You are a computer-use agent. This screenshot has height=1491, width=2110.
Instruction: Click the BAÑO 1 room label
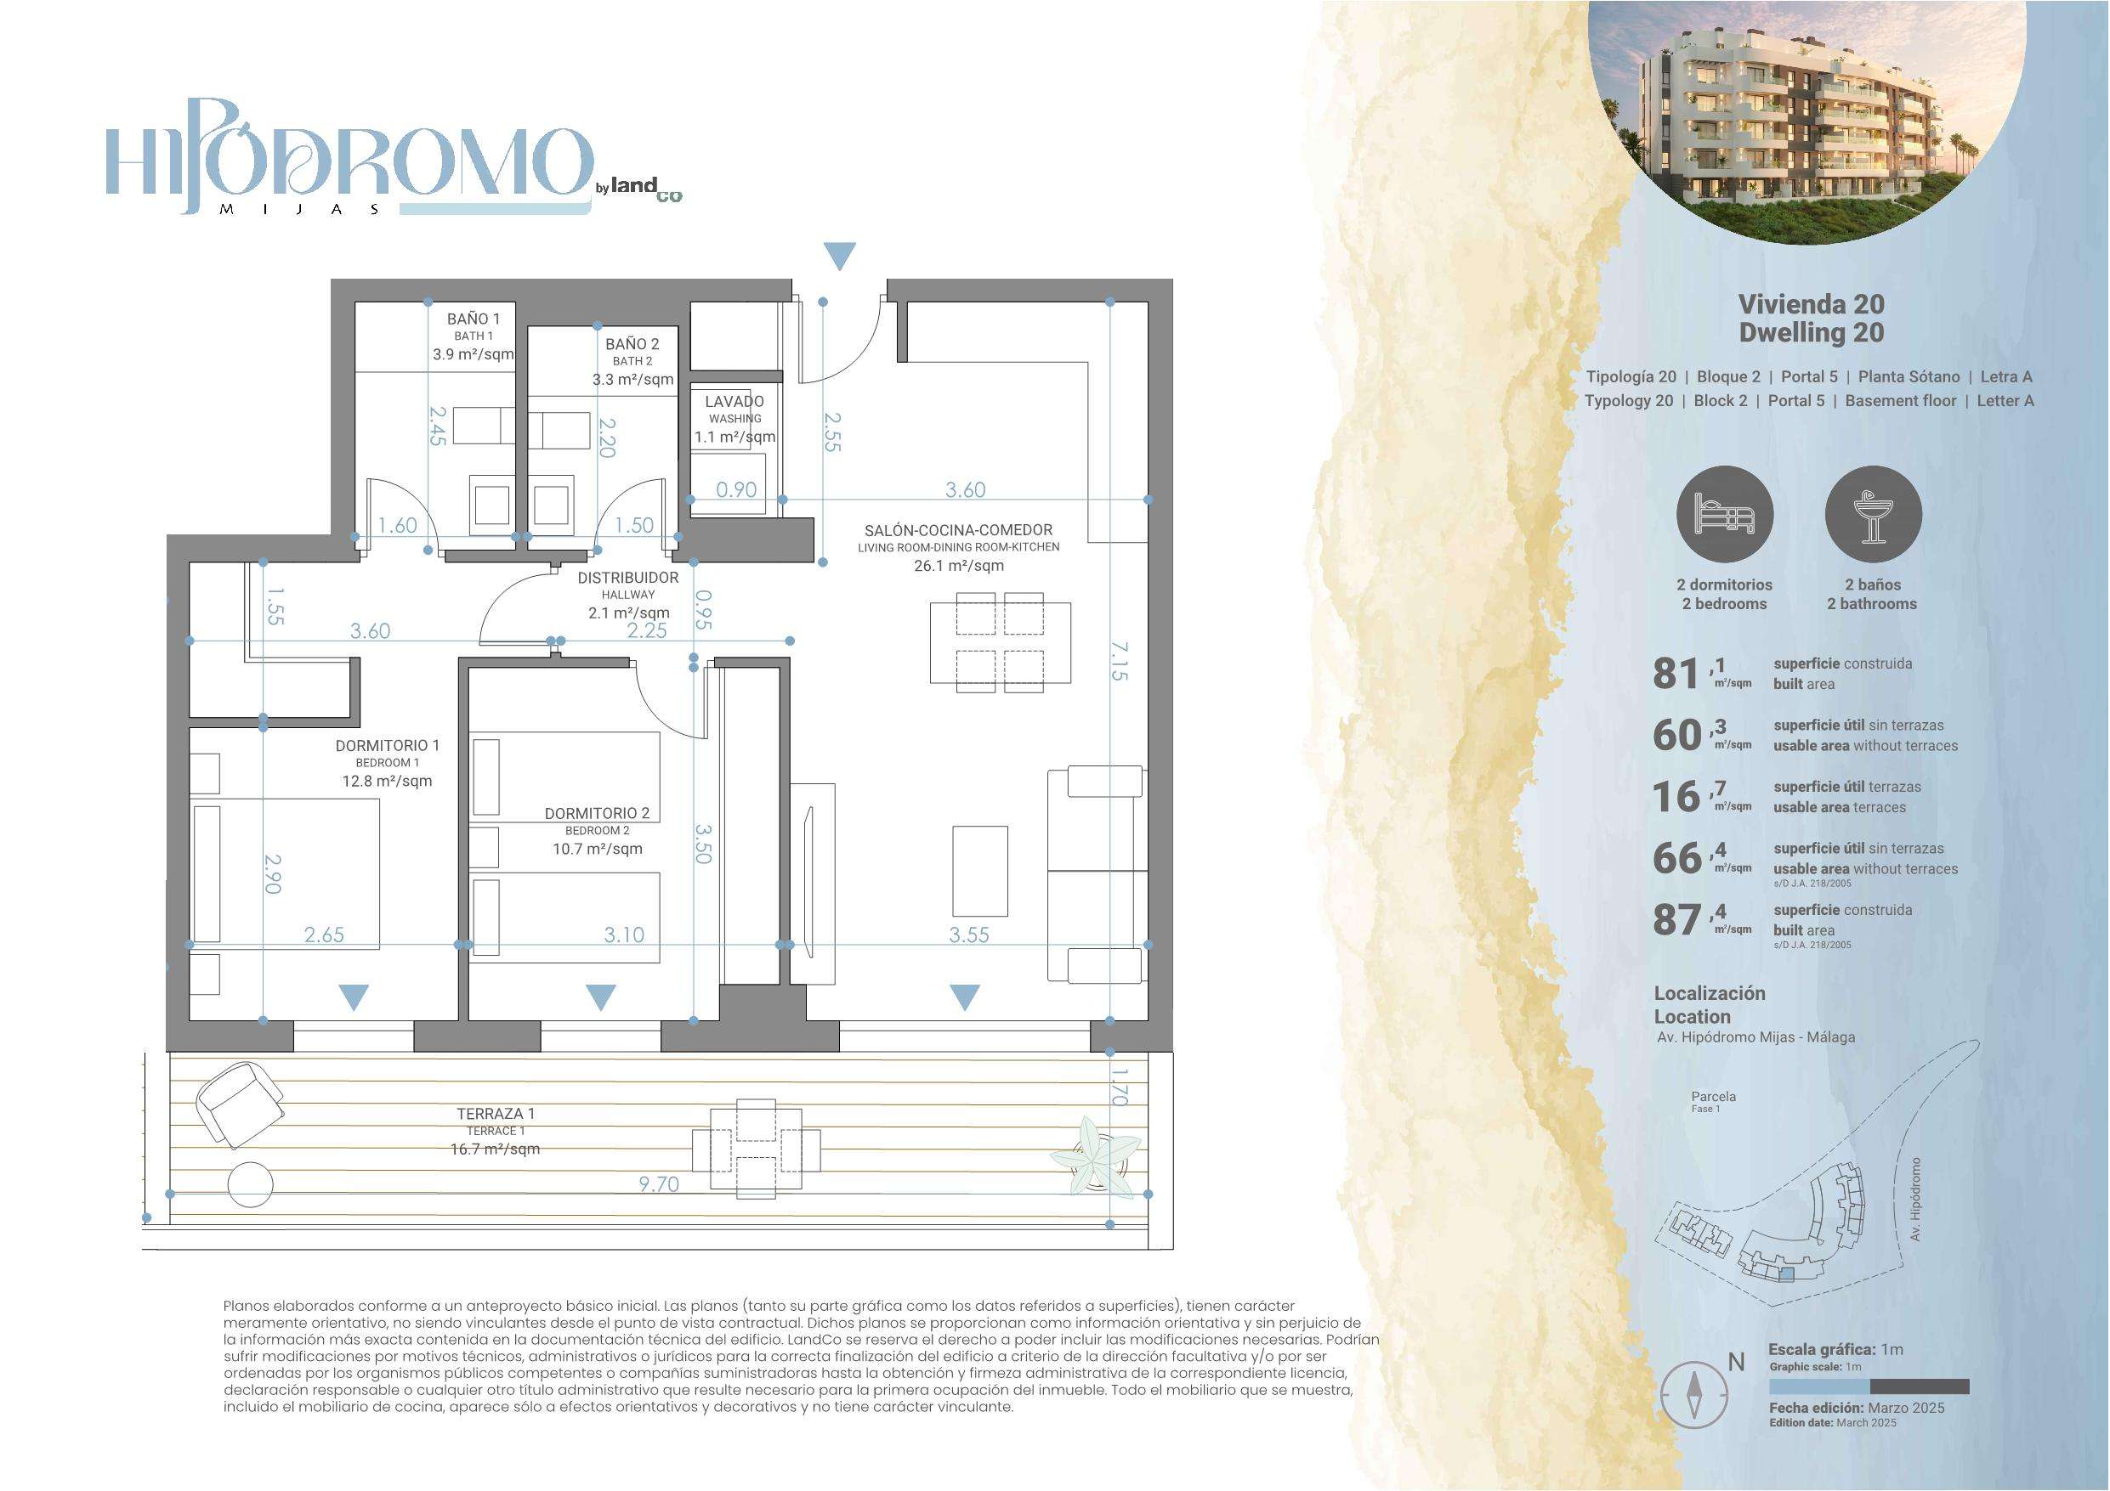pos(474,319)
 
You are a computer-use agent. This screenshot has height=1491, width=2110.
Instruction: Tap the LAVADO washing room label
pos(735,402)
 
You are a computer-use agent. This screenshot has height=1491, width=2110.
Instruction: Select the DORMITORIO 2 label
pos(598,813)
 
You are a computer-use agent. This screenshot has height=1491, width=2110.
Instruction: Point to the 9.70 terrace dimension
pos(659,1184)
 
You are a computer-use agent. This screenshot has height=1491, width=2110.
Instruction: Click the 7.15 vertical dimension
pos(1119,660)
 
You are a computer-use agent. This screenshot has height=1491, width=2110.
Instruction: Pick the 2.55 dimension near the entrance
pos(831,431)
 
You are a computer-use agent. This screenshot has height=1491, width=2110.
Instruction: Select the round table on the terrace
pos(250,1184)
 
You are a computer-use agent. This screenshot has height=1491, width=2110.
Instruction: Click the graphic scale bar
pos(1869,1387)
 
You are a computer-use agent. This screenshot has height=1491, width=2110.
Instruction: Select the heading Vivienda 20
pos(1811,304)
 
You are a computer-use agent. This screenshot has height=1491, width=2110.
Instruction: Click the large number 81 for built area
pos(1676,674)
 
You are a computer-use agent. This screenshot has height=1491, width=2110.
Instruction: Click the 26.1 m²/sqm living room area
pos(958,566)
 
